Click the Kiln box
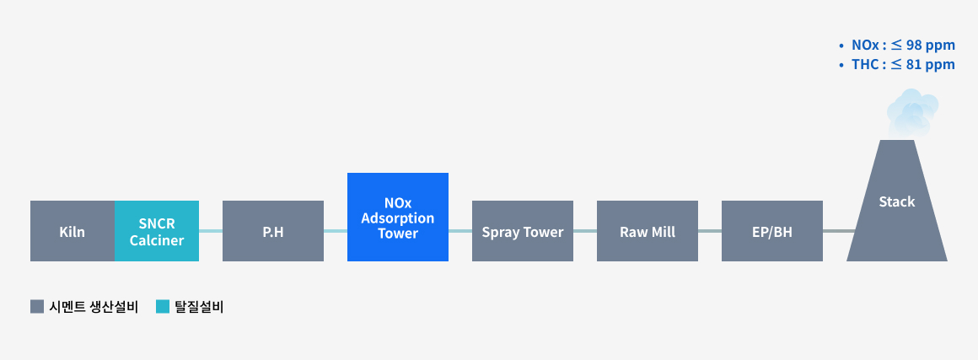pyautogui.click(x=73, y=231)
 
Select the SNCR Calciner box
pyautogui.click(x=157, y=231)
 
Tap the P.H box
pyautogui.click(x=273, y=231)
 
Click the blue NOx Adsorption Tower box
pyautogui.click(x=398, y=218)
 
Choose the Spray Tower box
pyautogui.click(x=523, y=231)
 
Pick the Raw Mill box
pyautogui.click(x=648, y=231)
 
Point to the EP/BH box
pyautogui.click(x=772, y=231)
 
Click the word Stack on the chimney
pyautogui.click(x=897, y=201)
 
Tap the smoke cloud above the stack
pyautogui.click(x=912, y=114)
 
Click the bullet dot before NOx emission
pyautogui.click(x=841, y=46)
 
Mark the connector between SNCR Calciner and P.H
pyautogui.click(x=211, y=231)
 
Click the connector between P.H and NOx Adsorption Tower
pyautogui.click(x=336, y=231)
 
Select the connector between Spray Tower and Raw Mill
pyautogui.click(x=585, y=231)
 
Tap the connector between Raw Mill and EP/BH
pyautogui.click(x=710, y=231)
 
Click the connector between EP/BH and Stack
pyautogui.click(x=838, y=231)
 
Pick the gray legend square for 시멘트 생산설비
pyautogui.click(x=37, y=306)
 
